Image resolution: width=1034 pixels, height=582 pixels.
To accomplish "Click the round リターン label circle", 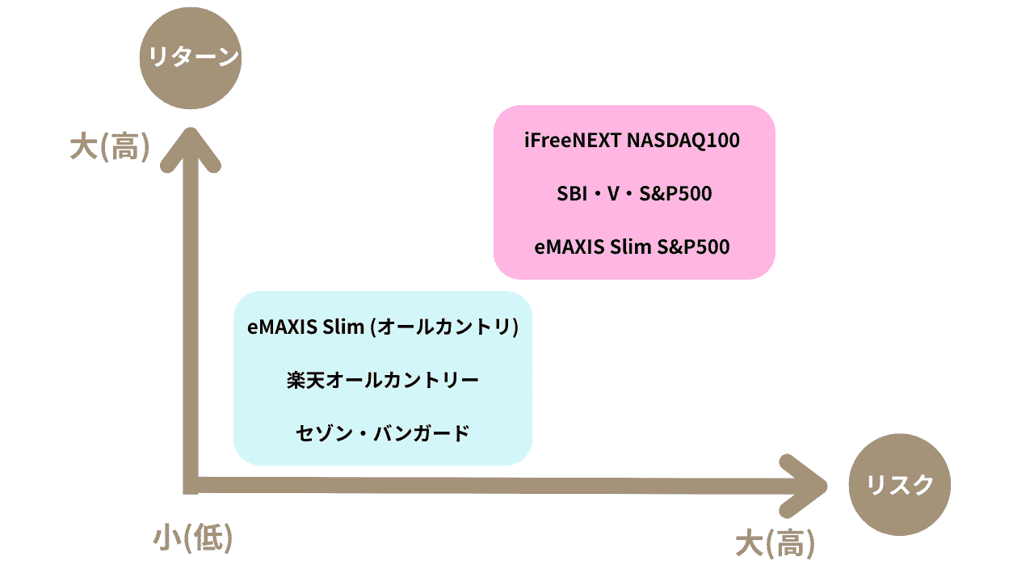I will click(x=191, y=58).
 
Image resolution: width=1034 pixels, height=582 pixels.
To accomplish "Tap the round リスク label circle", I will click(x=900, y=485).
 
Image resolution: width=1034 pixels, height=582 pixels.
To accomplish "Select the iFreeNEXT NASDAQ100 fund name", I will click(x=632, y=141).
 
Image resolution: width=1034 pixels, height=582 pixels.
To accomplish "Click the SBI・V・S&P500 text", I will click(x=634, y=194).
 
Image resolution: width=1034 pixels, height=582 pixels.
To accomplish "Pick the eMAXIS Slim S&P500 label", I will click(x=633, y=247).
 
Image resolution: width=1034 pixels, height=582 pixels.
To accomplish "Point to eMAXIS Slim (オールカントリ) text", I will click(x=382, y=327).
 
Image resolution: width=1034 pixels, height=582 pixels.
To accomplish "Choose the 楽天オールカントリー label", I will click(x=383, y=380).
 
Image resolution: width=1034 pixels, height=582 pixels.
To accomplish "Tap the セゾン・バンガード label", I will click(x=383, y=432).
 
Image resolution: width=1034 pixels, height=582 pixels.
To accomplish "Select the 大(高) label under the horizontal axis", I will click(x=775, y=543).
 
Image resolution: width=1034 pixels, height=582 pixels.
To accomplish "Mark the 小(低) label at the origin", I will click(x=193, y=538).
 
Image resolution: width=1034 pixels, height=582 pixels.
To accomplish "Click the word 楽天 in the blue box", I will click(x=302, y=380).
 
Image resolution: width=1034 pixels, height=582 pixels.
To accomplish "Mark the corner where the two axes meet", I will click(x=191, y=485).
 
